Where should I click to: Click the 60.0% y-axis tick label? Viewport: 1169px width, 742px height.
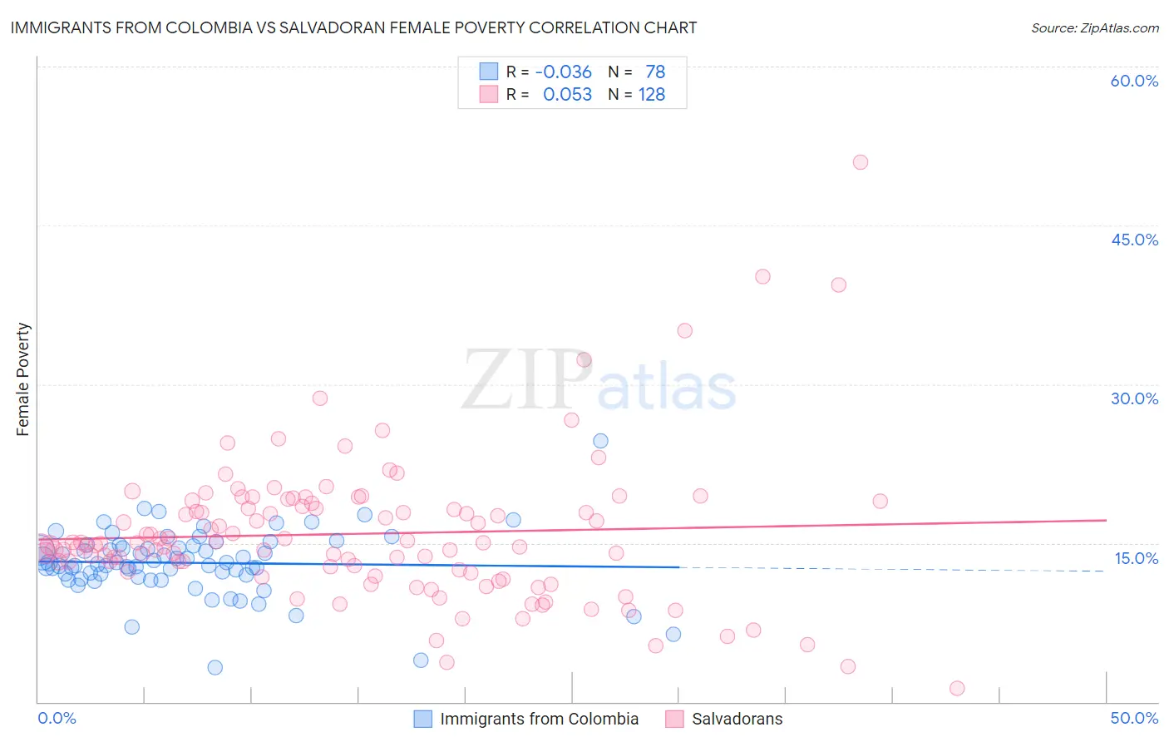tap(1134, 81)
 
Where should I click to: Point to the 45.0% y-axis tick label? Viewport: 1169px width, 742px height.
tap(1134, 240)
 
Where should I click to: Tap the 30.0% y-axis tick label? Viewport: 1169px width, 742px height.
tap(1134, 398)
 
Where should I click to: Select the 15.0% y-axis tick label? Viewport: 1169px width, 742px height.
tap(1136, 558)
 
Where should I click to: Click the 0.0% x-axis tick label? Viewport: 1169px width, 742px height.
tap(57, 718)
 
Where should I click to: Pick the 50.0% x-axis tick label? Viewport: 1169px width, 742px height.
tap(1134, 718)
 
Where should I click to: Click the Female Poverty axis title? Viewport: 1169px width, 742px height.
tap(22, 379)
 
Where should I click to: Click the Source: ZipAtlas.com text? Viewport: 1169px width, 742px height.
tap(1094, 27)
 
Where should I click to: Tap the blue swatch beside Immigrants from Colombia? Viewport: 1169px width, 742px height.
tap(423, 719)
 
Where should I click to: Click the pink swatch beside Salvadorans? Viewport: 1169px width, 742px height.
tap(674, 719)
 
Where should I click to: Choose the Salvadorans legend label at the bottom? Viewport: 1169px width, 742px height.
tap(737, 719)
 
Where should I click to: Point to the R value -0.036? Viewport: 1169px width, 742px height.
tap(563, 72)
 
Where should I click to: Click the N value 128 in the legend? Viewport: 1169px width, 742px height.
tap(651, 95)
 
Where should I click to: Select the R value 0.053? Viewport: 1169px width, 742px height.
tap(567, 95)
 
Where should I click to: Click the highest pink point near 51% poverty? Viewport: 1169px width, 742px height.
tap(861, 162)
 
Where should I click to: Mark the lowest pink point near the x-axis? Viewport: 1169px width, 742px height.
tap(957, 688)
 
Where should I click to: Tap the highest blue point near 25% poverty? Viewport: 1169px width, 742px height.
tap(600, 441)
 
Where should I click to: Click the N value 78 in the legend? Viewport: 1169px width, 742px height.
tap(655, 72)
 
